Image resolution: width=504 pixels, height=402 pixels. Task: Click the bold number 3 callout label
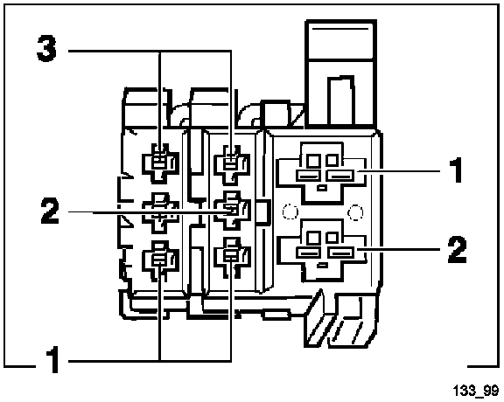pos(46,48)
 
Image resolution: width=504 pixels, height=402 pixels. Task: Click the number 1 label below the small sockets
pos(52,359)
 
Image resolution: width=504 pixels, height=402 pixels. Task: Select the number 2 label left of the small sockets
pos(50,211)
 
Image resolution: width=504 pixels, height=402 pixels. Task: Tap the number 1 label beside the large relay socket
pos(456,170)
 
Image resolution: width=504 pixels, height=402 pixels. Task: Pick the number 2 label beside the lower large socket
pos(457,249)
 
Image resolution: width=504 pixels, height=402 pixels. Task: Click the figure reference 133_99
pos(476,391)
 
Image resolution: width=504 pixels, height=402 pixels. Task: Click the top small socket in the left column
pos(160,163)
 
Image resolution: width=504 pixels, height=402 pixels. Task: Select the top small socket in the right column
pos(232,164)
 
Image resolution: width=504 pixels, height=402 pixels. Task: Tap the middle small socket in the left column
pos(160,211)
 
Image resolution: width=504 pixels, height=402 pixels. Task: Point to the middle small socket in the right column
pos(232,211)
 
